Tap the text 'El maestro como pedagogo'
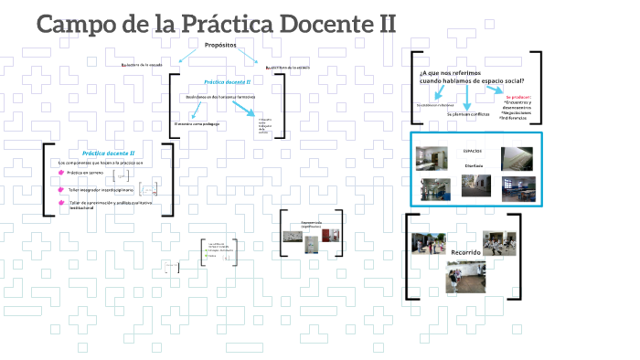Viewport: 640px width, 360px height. [198, 123]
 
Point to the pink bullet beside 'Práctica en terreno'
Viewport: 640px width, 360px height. [60, 173]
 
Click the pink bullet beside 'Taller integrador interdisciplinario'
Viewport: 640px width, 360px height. [60, 189]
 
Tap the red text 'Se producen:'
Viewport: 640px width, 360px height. [518, 95]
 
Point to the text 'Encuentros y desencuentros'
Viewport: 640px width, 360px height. [517, 105]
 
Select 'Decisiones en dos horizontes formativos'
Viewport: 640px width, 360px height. [220, 96]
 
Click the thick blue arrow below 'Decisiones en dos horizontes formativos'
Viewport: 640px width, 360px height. [243, 110]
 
